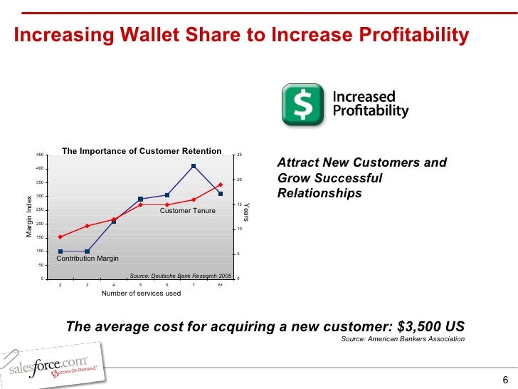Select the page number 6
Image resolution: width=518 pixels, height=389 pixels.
(505, 378)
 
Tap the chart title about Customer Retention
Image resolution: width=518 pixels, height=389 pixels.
(142, 151)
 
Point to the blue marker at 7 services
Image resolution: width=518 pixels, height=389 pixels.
(194, 166)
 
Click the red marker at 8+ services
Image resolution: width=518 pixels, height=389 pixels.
(221, 185)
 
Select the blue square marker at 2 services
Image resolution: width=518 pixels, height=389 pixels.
(60, 251)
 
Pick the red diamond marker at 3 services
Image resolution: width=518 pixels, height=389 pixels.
(87, 226)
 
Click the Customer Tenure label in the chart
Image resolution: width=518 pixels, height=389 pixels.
(187, 211)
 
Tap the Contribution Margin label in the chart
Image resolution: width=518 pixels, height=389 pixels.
(88, 259)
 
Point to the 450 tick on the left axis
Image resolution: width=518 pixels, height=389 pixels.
(40, 155)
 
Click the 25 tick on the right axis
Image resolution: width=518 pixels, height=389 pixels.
(240, 155)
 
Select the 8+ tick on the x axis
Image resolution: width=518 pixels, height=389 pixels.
(221, 285)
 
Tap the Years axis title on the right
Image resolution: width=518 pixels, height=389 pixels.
(248, 211)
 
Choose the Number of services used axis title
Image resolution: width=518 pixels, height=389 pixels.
(141, 293)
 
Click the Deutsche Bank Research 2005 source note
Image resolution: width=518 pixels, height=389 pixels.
(181, 275)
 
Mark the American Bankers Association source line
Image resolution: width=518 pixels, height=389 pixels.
(403, 339)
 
